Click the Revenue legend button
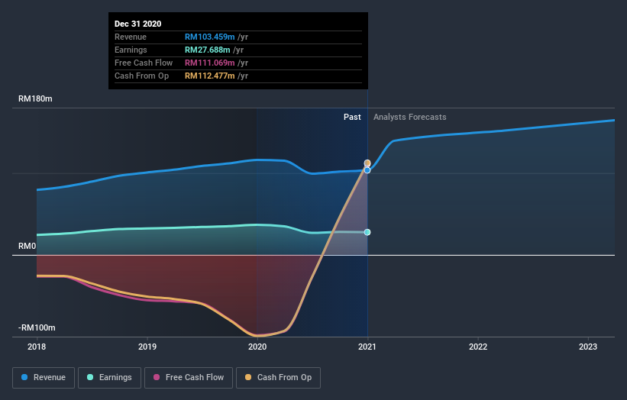point(44,377)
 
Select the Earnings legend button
point(109,377)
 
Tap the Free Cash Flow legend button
point(188,377)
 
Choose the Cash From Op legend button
point(278,377)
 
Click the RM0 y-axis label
point(28,247)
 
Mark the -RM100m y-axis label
point(38,327)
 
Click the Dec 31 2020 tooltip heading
point(138,24)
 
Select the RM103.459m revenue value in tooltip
point(209,37)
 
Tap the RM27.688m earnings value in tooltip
point(207,50)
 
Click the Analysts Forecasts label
point(409,117)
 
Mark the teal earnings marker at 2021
point(367,232)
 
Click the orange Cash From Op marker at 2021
point(367,163)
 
